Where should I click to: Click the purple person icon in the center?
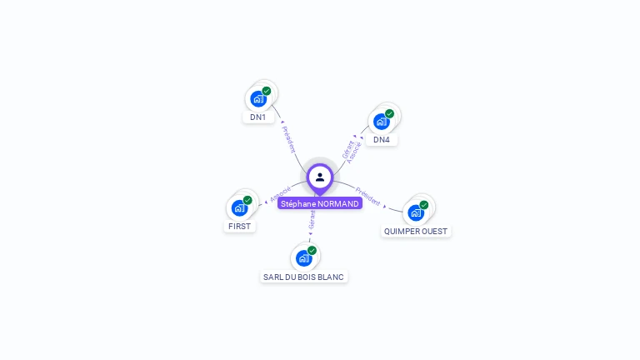(320, 177)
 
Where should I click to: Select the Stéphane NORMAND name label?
(320, 203)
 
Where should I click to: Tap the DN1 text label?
(258, 117)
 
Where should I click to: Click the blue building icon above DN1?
(258, 99)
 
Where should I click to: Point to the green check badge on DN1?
(267, 91)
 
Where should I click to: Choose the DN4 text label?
(382, 140)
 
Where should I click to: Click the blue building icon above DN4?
(381, 122)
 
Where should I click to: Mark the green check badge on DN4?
(389, 113)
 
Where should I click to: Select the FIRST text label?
(239, 226)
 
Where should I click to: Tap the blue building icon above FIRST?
(239, 207)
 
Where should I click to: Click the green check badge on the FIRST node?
(247, 200)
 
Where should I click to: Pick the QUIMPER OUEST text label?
(416, 231)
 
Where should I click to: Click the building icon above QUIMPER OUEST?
(416, 212)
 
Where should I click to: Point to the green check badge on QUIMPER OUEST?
(424, 205)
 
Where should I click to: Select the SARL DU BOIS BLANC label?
(303, 277)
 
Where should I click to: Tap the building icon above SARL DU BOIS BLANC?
(303, 258)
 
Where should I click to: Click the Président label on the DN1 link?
(288, 139)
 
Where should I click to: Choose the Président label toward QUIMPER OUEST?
(367, 197)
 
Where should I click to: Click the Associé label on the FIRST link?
(281, 194)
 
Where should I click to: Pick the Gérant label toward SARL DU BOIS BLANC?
(312, 219)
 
